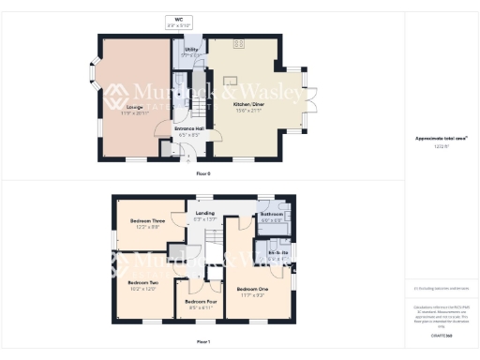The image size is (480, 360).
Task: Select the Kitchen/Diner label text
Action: [x=246, y=108]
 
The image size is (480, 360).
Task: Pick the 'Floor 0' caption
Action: [x=203, y=174]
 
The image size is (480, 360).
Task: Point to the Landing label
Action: [x=204, y=217]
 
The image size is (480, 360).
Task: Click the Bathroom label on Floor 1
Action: [x=273, y=217]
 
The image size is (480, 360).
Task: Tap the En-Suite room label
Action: [x=277, y=254]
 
